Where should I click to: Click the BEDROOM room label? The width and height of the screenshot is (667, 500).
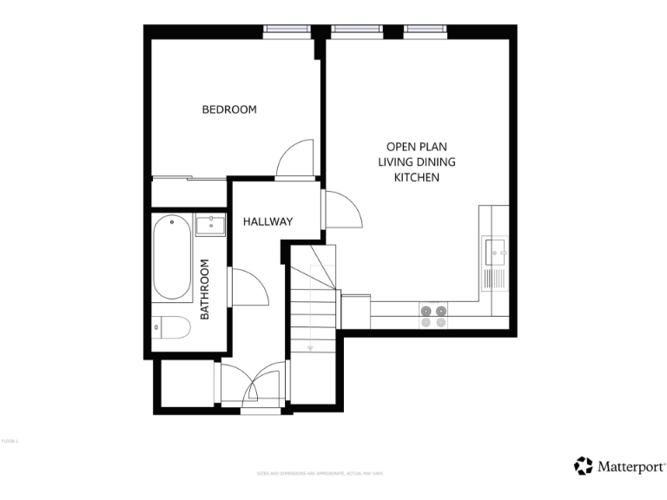pyautogui.click(x=229, y=109)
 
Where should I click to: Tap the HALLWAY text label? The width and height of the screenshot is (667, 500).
pyautogui.click(x=267, y=221)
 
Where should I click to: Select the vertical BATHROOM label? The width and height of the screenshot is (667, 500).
pyautogui.click(x=206, y=289)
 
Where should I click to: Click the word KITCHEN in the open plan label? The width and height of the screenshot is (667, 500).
pyautogui.click(x=417, y=177)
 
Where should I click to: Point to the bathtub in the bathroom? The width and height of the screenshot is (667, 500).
pyautogui.click(x=172, y=258)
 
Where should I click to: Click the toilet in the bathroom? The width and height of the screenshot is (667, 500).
pyautogui.click(x=172, y=328)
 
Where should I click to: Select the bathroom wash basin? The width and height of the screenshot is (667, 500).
pyautogui.click(x=210, y=226)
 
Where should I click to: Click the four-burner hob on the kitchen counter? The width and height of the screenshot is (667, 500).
pyautogui.click(x=433, y=316)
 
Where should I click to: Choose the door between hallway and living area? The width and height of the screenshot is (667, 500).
pyautogui.click(x=340, y=209)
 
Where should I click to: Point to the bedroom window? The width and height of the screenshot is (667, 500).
pyautogui.click(x=288, y=30)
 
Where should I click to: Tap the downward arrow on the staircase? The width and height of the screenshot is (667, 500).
pyautogui.click(x=310, y=345)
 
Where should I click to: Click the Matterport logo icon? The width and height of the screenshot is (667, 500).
pyautogui.click(x=584, y=466)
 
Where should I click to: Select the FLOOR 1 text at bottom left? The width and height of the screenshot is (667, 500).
pyautogui.click(x=10, y=442)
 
